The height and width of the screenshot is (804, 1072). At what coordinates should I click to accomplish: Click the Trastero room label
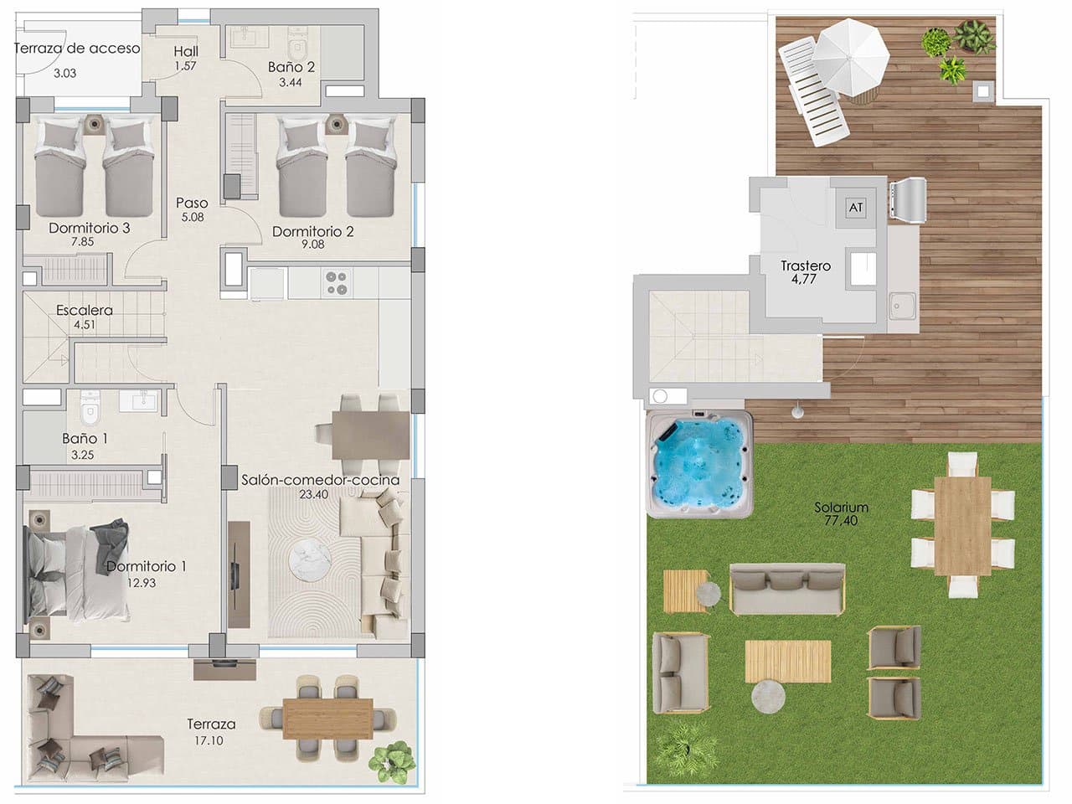806,266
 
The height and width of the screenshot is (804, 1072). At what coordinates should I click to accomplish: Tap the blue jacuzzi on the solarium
698,465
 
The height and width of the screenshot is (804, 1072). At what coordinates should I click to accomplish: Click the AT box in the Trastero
855,207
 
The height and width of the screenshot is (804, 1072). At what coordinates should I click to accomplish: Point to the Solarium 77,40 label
841,508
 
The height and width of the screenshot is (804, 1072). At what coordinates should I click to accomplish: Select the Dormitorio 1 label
147,566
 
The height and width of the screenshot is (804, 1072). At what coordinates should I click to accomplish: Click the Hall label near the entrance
186,51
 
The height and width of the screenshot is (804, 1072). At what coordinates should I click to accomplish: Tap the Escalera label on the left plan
85,311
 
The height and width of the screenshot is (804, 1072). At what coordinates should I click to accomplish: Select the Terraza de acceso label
77,49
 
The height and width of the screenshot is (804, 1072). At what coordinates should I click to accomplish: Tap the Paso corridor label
192,203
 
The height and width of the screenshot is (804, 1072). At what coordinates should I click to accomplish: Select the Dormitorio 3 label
89,228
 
